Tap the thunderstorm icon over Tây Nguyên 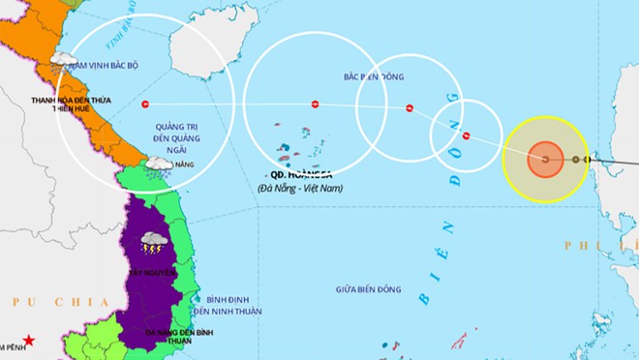point(153,241)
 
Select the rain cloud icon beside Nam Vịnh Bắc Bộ point(61,61)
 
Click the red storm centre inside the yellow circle point(545,159)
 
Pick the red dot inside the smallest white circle point(466,135)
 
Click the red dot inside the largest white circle point(145,104)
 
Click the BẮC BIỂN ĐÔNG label point(374,76)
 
